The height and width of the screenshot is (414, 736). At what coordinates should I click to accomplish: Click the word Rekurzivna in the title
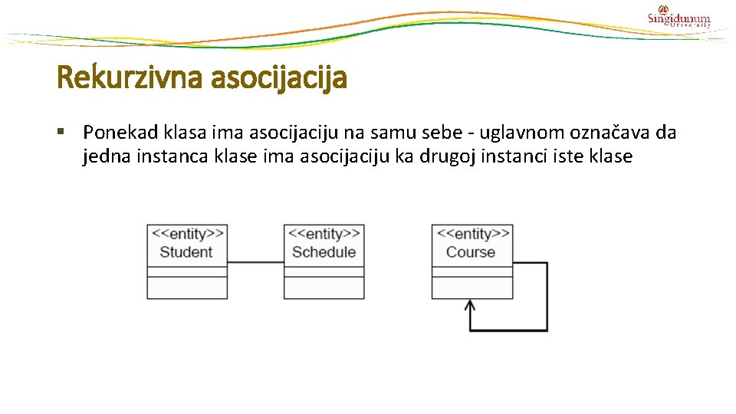pos(119,77)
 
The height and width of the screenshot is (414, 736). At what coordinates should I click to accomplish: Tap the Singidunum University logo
pos(678,18)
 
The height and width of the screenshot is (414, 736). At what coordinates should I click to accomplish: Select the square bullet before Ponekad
pos(62,132)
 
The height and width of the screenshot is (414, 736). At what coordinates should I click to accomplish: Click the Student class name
pos(186,252)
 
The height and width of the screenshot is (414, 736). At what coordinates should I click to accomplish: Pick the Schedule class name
pos(324,252)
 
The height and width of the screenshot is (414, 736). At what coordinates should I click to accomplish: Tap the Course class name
pos(471,252)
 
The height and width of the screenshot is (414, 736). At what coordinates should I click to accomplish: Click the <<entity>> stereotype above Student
pos(187,235)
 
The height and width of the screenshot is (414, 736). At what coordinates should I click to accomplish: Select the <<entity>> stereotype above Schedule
pos(324,235)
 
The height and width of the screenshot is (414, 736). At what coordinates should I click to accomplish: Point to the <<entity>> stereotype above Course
pos(472,235)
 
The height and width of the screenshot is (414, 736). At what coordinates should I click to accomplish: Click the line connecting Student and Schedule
pos(256,263)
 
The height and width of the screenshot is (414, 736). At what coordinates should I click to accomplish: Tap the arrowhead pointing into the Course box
pos(471,306)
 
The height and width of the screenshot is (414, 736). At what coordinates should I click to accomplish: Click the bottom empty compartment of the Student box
pos(187,287)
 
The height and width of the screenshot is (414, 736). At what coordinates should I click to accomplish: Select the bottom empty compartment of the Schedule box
pos(324,287)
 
